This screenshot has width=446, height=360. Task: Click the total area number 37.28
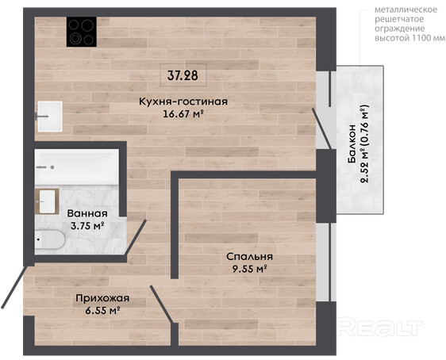[x=183, y=75]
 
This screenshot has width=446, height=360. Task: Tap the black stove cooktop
[x=82, y=32]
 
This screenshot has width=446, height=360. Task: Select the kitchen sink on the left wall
[x=50, y=117]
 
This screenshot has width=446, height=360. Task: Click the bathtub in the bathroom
[x=76, y=167]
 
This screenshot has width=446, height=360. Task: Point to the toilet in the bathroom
[x=49, y=239]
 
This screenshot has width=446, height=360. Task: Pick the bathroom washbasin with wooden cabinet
[x=47, y=201]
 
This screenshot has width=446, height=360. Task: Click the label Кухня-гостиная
[x=183, y=101]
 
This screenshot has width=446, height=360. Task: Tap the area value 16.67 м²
[x=183, y=113]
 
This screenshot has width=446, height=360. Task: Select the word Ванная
[x=87, y=213]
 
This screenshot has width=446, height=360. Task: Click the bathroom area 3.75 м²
[x=87, y=226]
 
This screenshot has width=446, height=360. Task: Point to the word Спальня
[x=249, y=257]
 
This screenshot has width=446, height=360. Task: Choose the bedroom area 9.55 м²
[x=249, y=269]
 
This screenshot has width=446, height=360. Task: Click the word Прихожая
[x=102, y=298]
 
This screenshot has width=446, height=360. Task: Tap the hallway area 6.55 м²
[x=102, y=311]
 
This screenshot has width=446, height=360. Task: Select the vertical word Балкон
[x=352, y=144]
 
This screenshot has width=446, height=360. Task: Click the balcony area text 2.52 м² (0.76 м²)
[x=364, y=144]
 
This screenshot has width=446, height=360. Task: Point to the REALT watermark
[x=381, y=328]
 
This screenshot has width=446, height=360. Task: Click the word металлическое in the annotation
[x=406, y=10]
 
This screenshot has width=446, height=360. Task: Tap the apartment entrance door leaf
[x=14, y=287]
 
